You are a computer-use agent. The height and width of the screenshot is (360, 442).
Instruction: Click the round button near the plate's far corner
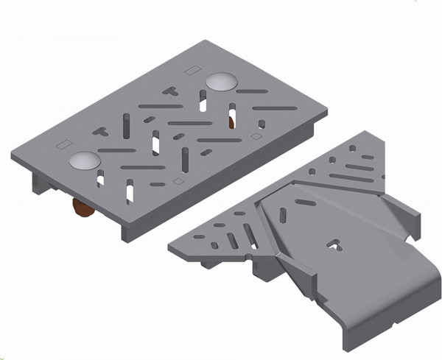[222, 81]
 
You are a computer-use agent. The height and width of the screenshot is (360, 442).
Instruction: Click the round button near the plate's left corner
[85, 162]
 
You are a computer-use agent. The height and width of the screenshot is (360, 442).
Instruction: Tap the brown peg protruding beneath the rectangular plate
[82, 211]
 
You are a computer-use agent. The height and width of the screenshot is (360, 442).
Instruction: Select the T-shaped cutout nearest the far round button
[169, 91]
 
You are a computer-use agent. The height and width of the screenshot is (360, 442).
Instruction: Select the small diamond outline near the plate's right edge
[256, 136]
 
